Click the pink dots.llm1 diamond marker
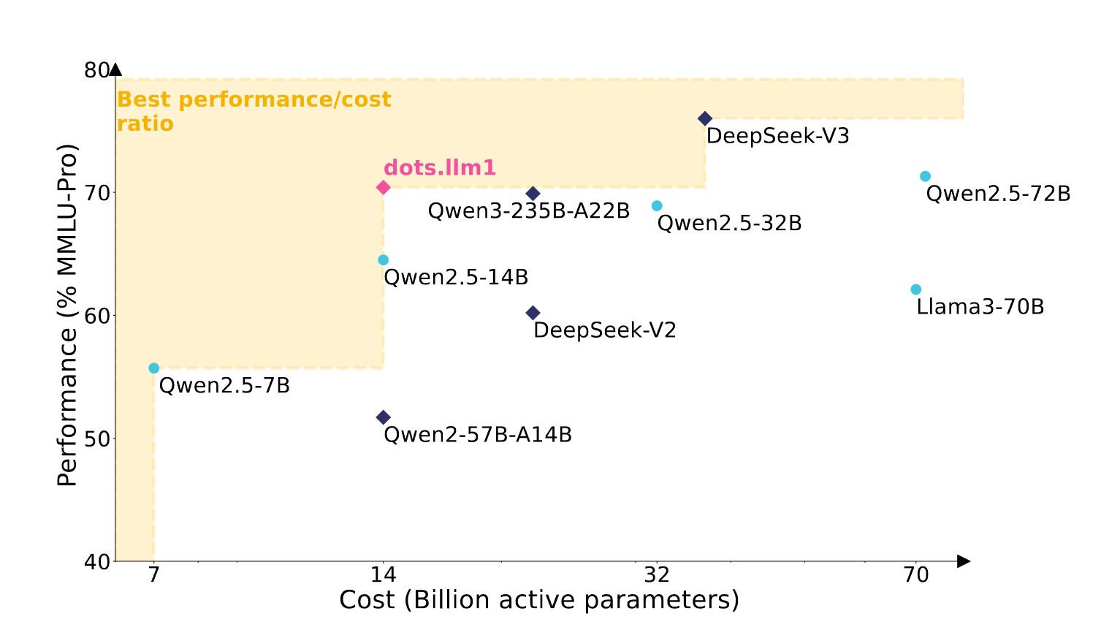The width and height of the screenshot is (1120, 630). tap(383, 188)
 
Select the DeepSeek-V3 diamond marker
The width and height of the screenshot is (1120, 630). tap(705, 118)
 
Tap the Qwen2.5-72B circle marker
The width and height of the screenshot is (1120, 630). tap(925, 176)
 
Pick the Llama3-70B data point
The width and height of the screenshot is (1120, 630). tap(915, 289)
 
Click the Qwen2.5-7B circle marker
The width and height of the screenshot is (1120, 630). tap(153, 368)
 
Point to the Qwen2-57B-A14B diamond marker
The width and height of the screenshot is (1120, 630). tap(383, 417)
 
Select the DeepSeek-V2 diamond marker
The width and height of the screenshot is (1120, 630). tap(533, 313)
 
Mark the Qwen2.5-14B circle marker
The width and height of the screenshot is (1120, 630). tap(383, 260)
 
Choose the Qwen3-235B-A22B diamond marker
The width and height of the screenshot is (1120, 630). tap(533, 194)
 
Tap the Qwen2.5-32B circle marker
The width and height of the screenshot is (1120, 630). tap(657, 206)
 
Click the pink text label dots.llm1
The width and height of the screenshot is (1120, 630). tap(439, 168)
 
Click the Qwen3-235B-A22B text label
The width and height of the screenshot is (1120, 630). tap(528, 211)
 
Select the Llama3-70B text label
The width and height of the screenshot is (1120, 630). tap(980, 307)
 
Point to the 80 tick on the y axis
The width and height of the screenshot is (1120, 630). tap(96, 70)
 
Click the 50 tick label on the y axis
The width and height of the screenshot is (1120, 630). tap(96, 439)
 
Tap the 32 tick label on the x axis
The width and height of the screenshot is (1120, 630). tap(657, 575)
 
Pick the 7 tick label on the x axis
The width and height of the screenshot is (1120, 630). tap(153, 575)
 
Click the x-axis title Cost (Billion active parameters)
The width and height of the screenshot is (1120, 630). tap(539, 600)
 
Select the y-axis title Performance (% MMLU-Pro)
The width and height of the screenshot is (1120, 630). tap(67, 315)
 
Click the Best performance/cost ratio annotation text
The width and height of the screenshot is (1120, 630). tap(254, 111)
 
